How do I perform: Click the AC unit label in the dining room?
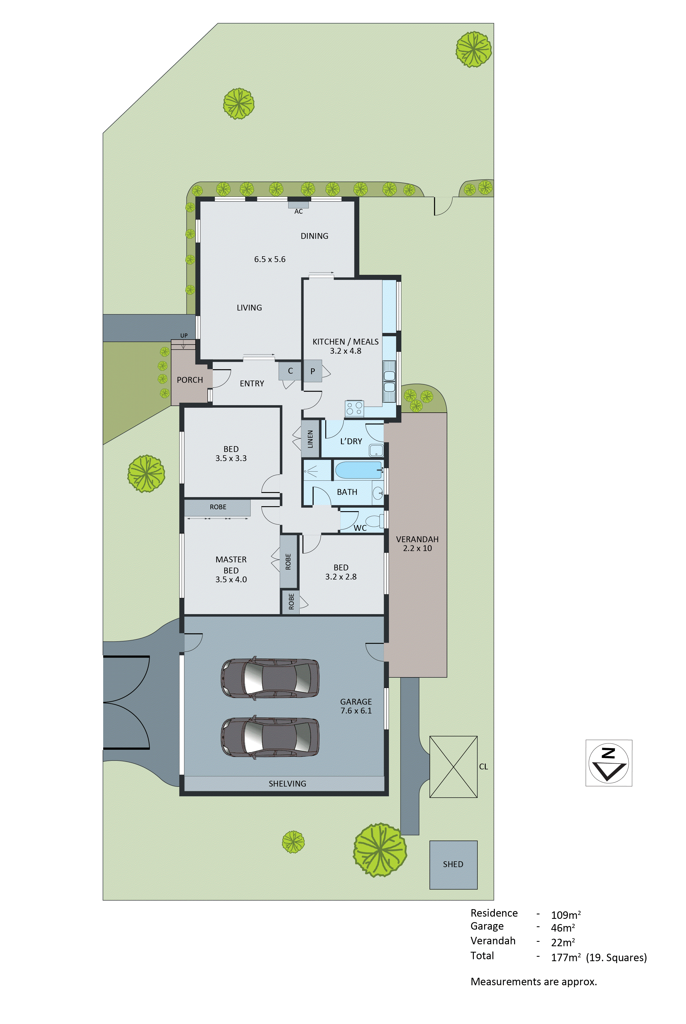coord(298,211)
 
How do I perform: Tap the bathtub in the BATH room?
coord(358,470)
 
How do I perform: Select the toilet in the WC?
coord(373,521)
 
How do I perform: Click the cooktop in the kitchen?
coord(354,408)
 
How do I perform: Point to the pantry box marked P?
coord(313,371)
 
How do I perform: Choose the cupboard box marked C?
coord(290,371)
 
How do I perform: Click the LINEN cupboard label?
coord(310,439)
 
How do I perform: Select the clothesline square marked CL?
coord(453,767)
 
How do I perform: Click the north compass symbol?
coord(609,763)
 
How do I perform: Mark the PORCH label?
coord(190,380)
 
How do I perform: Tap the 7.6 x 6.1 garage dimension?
coord(356,711)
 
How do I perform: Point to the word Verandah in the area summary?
coord(493,941)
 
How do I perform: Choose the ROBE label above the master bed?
coord(218,507)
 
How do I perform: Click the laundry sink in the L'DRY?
coord(376,450)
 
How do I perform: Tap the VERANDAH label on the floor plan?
coord(417,539)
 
